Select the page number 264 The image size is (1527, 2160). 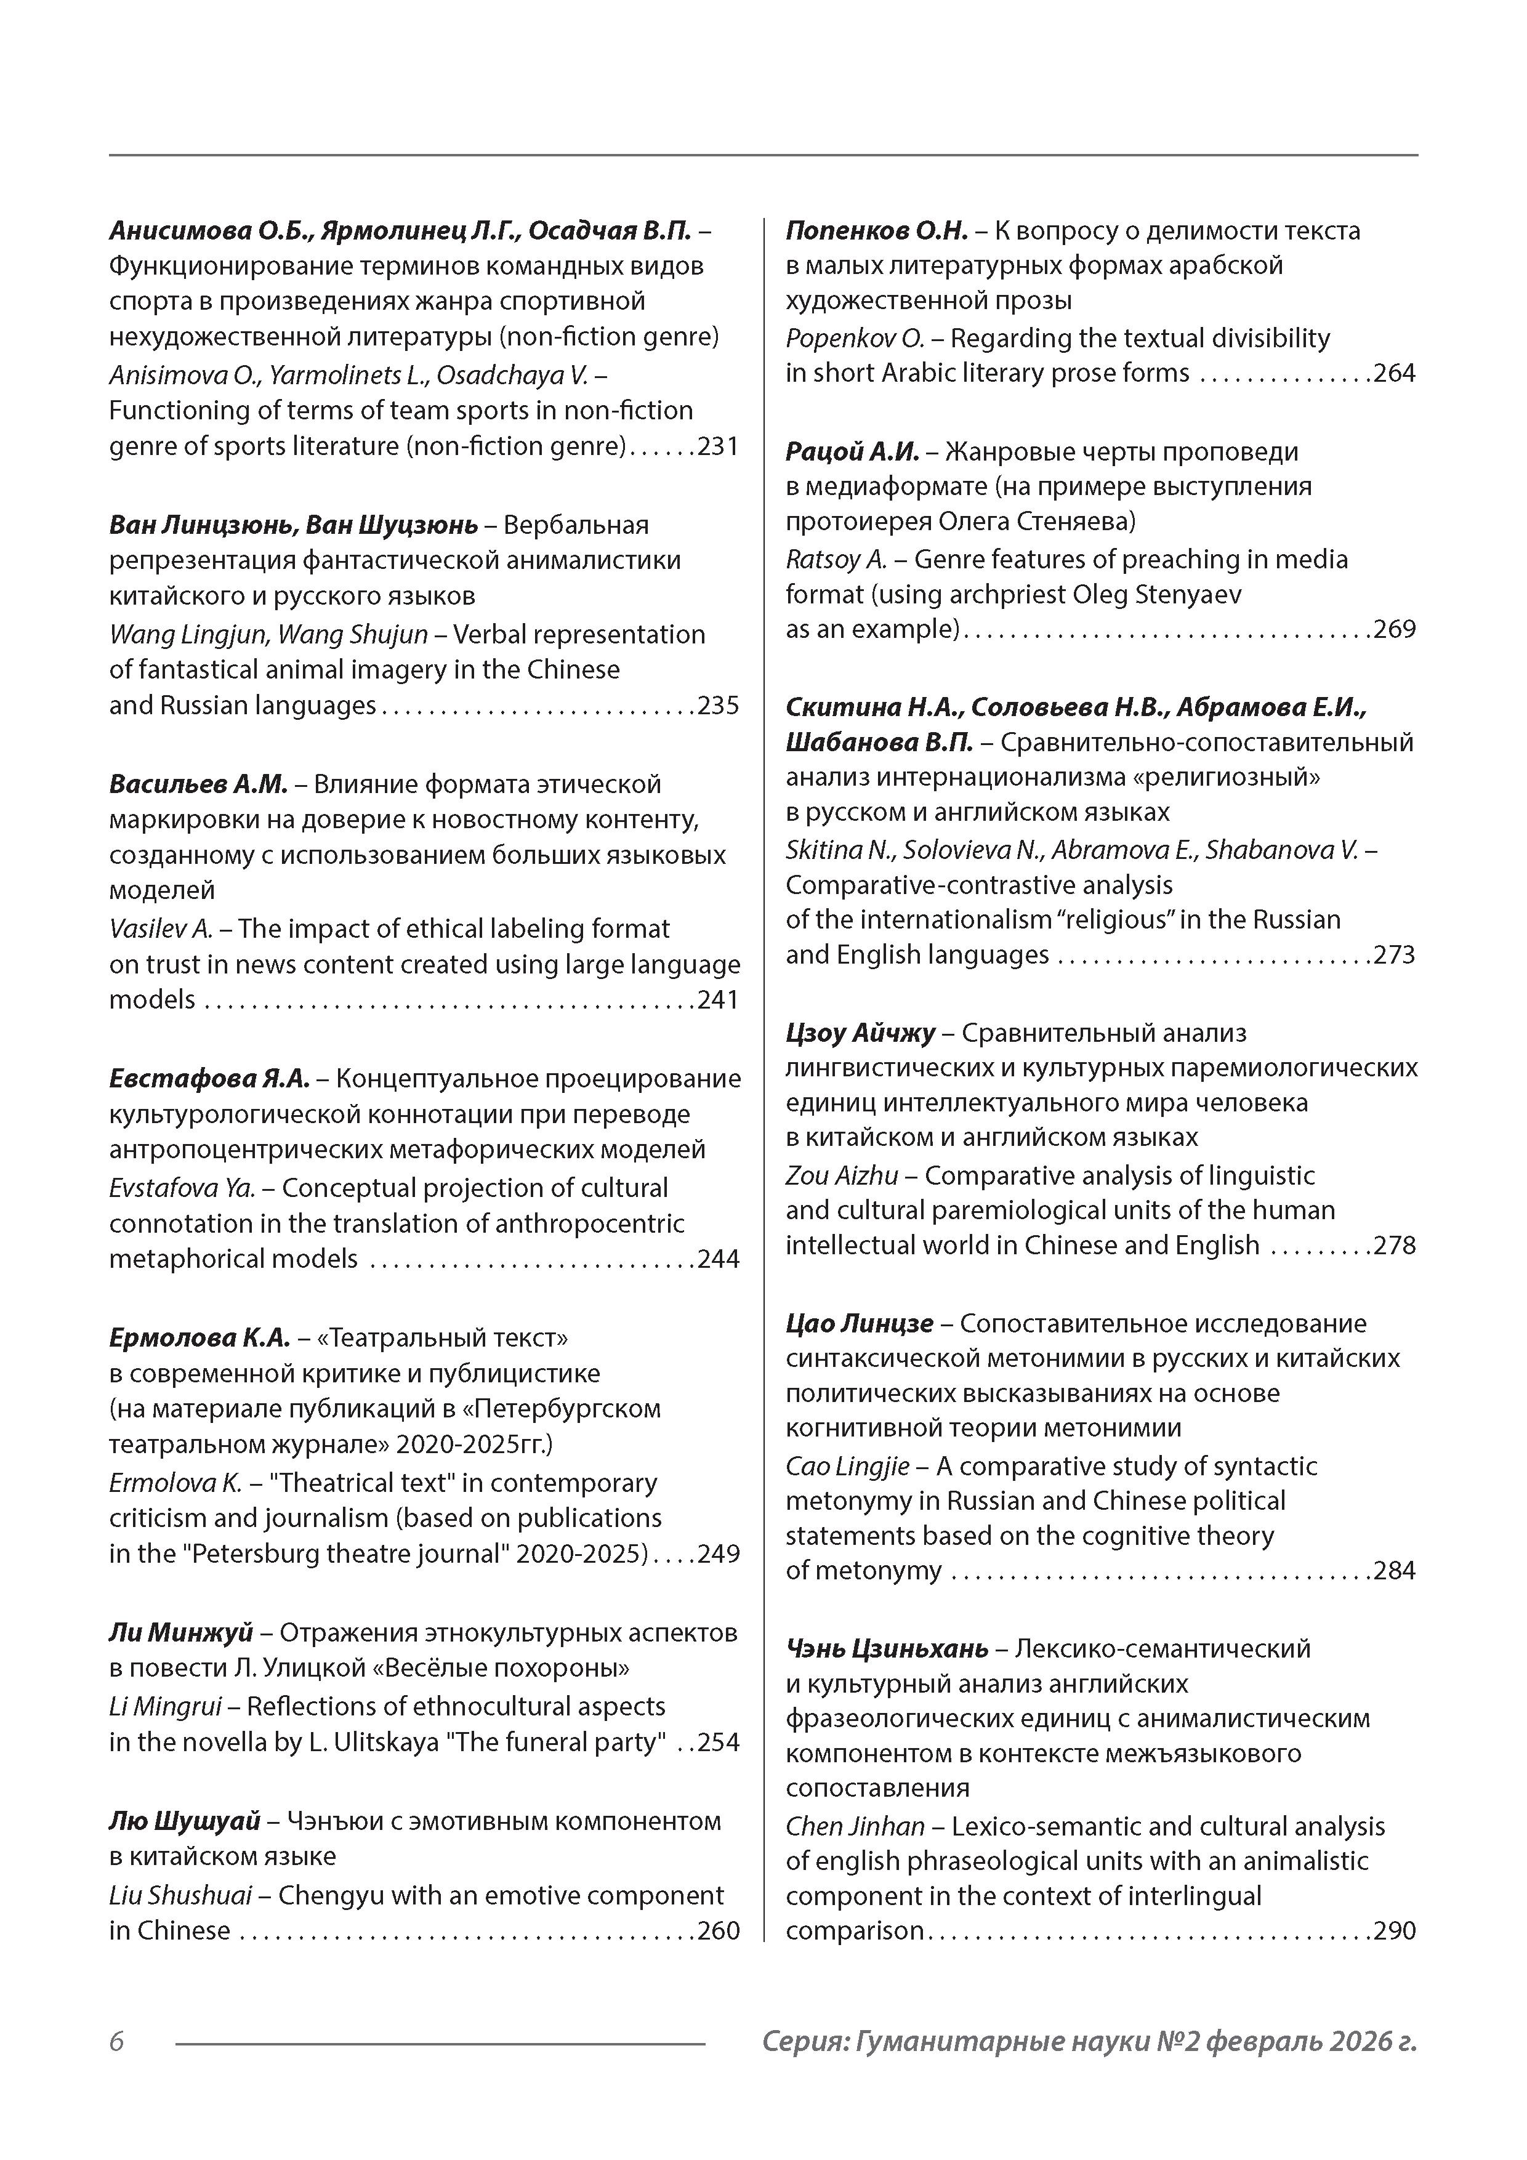click(x=1395, y=374)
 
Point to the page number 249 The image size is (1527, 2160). click(x=719, y=1554)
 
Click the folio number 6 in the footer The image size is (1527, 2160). click(x=116, y=2041)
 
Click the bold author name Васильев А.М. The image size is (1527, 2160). click(x=198, y=784)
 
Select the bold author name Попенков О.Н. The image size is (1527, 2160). click(x=876, y=230)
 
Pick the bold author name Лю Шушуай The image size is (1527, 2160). click(x=184, y=1821)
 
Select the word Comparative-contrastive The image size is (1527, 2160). click(x=978, y=885)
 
